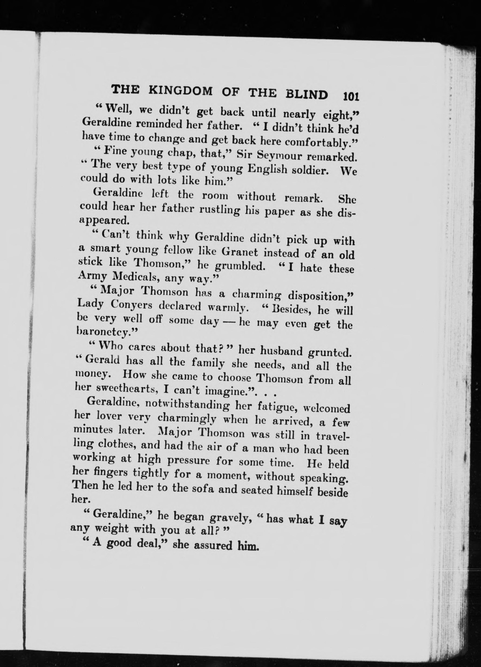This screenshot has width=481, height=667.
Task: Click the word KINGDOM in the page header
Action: coord(181,91)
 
